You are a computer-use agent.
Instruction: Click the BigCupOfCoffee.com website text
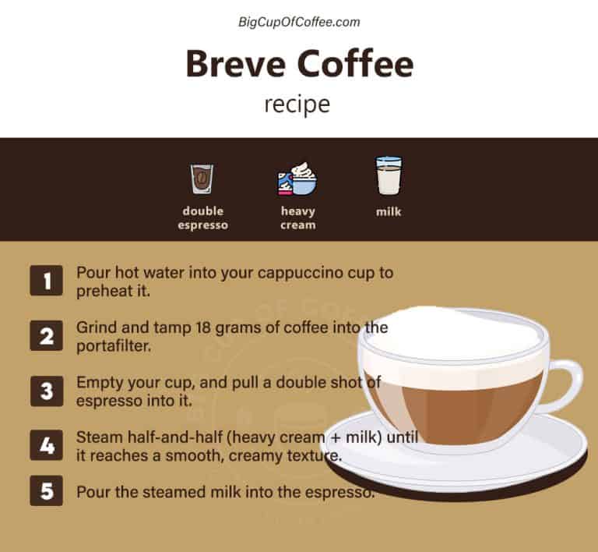pyautogui.click(x=299, y=22)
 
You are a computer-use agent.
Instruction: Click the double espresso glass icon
pyautogui.click(x=203, y=179)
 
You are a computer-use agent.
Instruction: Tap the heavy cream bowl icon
pyautogui.click(x=297, y=179)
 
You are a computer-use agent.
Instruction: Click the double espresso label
pyautogui.click(x=203, y=218)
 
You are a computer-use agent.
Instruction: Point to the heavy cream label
pyautogui.click(x=298, y=218)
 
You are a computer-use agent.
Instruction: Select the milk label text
pyautogui.click(x=389, y=211)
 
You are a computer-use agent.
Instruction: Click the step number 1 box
pyautogui.click(x=46, y=281)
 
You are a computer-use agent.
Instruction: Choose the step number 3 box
pyautogui.click(x=46, y=391)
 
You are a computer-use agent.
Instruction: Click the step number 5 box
pyautogui.click(x=46, y=494)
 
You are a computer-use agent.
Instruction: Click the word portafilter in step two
pyautogui.click(x=111, y=345)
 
